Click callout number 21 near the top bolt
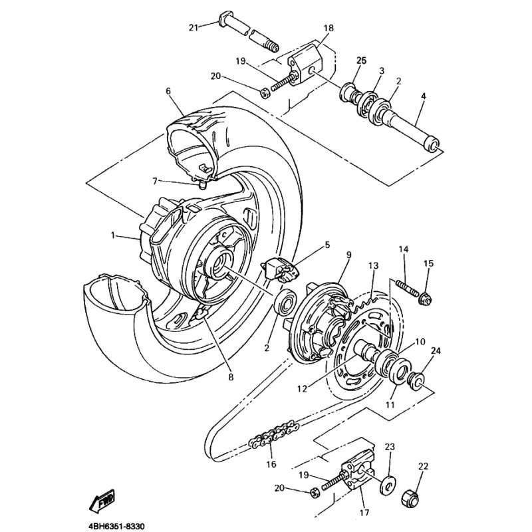pyautogui.click(x=194, y=27)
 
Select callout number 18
pyautogui.click(x=329, y=29)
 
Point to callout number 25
pyautogui.click(x=361, y=61)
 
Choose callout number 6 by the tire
pyautogui.click(x=168, y=90)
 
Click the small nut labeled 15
pyautogui.click(x=424, y=298)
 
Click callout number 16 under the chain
pyautogui.click(x=271, y=464)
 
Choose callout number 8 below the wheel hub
pyautogui.click(x=231, y=377)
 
